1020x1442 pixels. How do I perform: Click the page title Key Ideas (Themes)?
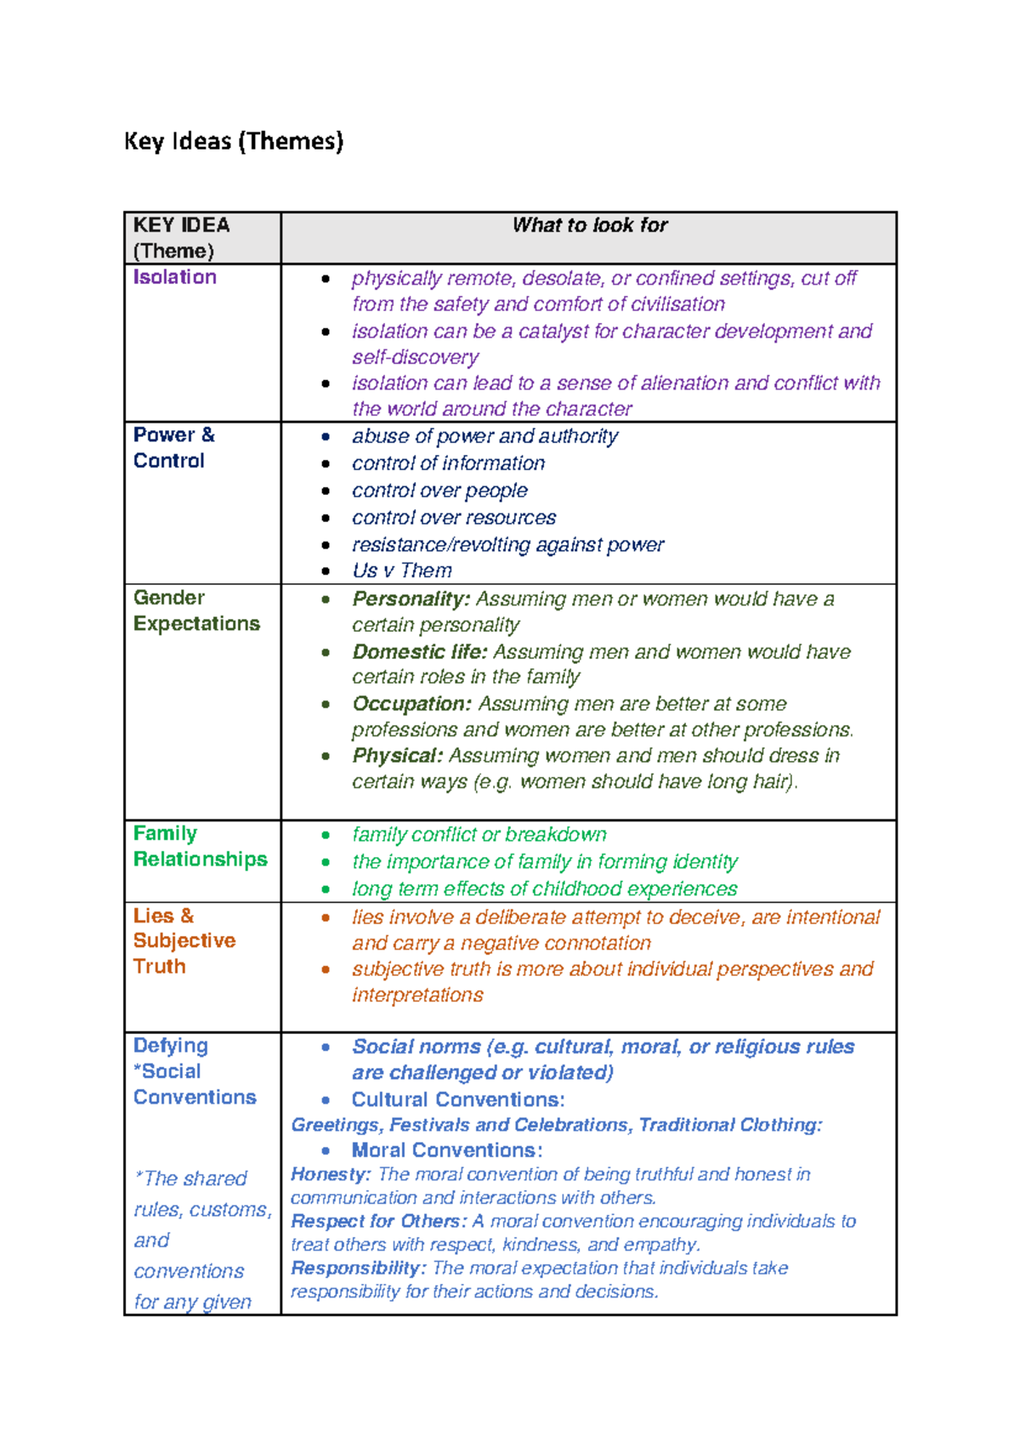pos(234,141)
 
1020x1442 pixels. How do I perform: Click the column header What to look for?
pos(589,225)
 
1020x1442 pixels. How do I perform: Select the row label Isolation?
pos(175,277)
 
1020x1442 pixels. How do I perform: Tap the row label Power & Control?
pos(173,447)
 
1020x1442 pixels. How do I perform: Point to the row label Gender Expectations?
pos(196,610)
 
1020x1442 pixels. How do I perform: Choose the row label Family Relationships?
pos(200,846)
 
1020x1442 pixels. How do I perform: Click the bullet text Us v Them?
pos(402,571)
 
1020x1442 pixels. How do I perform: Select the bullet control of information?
pos(448,463)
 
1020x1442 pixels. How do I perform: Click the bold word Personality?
pos(411,599)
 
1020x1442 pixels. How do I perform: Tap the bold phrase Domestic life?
pos(420,652)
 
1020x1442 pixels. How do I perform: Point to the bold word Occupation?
pos(411,704)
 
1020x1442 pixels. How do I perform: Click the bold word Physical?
pos(398,756)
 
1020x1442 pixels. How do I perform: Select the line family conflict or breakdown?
pos(479,835)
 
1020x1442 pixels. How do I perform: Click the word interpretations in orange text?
pos(417,995)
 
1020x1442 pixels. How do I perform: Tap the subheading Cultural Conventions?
pos(458,1099)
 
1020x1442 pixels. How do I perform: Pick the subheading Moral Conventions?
pos(447,1150)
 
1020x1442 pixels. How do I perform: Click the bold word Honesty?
pos(331,1174)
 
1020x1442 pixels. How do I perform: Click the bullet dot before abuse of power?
pos(326,437)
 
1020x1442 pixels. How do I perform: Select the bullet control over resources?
pos(454,518)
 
